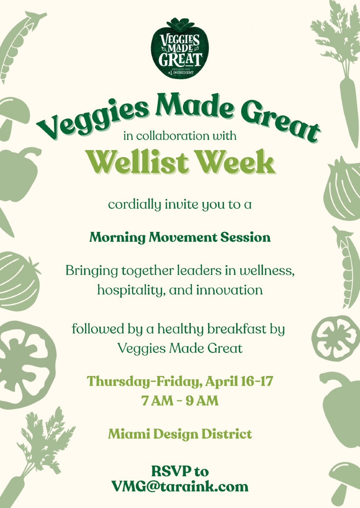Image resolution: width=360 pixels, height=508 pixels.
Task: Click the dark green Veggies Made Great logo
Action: click(179, 48)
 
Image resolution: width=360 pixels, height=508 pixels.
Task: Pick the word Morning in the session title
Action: click(117, 238)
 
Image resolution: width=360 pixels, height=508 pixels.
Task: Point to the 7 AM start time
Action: click(157, 401)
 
